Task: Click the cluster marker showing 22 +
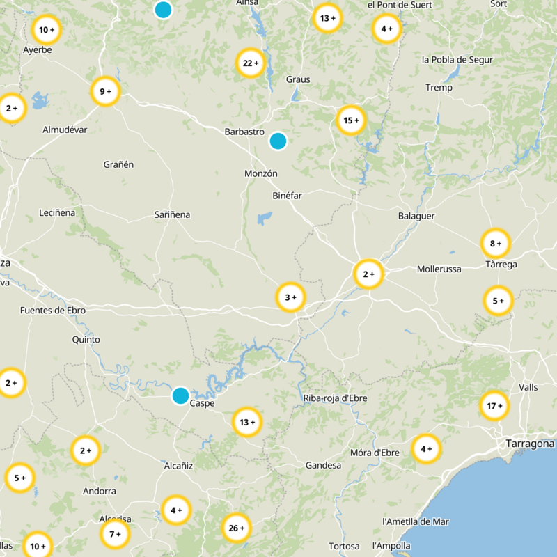250,63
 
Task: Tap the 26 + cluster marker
236,528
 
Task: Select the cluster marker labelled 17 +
494,406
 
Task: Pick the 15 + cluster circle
350,120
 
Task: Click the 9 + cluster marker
105,91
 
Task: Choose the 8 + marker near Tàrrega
496,244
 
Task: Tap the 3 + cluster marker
290,298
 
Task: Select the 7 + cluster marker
115,534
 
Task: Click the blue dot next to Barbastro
278,141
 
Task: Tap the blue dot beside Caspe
180,395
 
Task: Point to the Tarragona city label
530,444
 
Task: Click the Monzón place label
261,173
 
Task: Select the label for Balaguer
416,216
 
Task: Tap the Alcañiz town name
178,465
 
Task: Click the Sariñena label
172,215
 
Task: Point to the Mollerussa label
439,269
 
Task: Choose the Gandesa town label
323,465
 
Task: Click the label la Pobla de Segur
457,60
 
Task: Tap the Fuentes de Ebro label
53,311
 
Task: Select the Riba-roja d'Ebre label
336,398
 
